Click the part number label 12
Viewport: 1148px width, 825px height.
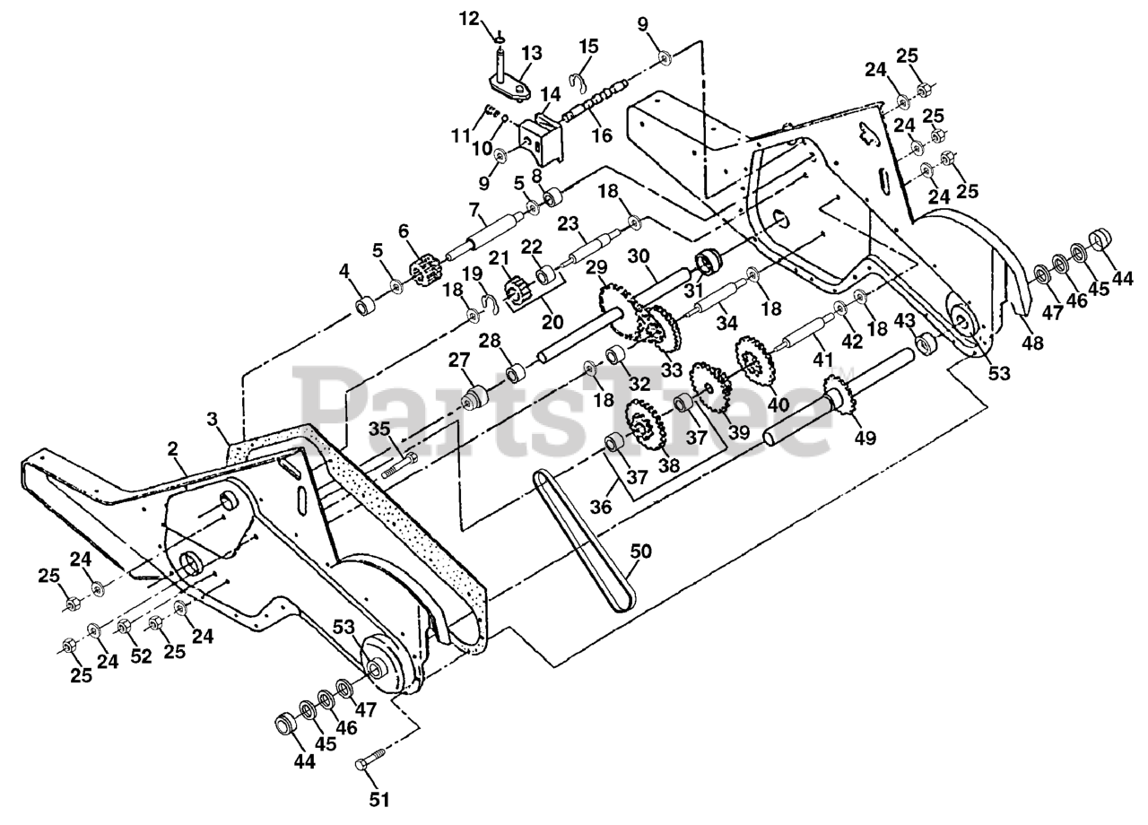pos(471,17)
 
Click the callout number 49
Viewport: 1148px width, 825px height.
pos(865,439)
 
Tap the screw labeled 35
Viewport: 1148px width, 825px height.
pos(399,464)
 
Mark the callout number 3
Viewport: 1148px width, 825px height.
pos(212,419)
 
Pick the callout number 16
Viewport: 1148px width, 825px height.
pos(601,135)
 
